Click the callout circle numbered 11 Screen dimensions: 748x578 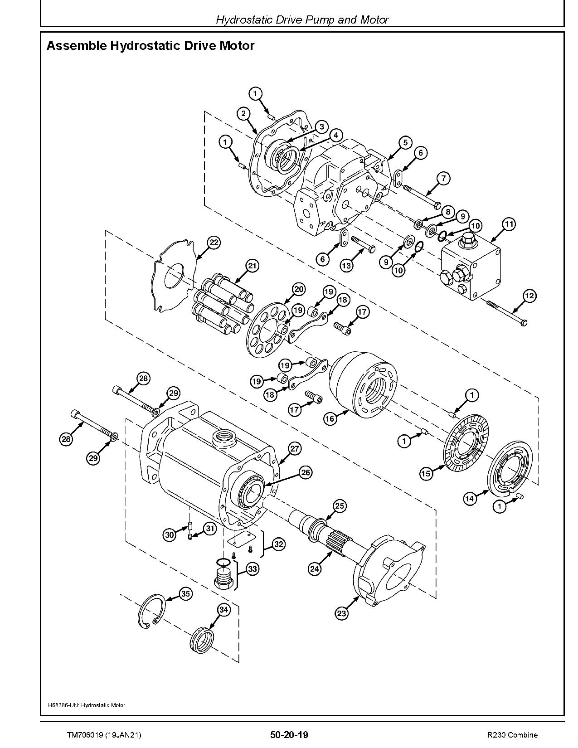pyautogui.click(x=509, y=224)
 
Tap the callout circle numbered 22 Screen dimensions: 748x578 pyautogui.click(x=214, y=243)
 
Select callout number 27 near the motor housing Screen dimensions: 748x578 pyautogui.click(x=294, y=449)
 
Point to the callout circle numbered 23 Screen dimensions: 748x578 pyautogui.click(x=341, y=613)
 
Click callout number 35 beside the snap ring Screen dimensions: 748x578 pyautogui.click(x=185, y=593)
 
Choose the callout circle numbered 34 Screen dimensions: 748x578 pyautogui.click(x=224, y=610)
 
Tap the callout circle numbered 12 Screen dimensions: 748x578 pyautogui.click(x=529, y=296)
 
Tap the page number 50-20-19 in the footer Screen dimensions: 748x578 pyautogui.click(x=289, y=734)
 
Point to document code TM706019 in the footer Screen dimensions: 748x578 pyautogui.click(x=83, y=734)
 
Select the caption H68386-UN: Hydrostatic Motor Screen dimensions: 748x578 pyautogui.click(x=86, y=705)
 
